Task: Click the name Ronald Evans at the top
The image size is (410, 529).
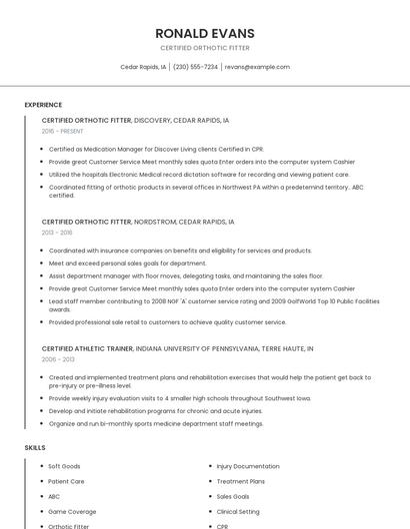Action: (x=205, y=33)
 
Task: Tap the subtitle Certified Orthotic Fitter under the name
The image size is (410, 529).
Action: (x=205, y=48)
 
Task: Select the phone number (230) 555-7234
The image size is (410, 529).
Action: (x=195, y=67)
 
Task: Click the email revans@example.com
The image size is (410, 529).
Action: (x=257, y=67)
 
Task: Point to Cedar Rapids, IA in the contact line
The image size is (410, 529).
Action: (x=142, y=67)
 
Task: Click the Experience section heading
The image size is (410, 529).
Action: (x=43, y=105)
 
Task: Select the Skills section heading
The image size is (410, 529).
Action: (x=35, y=448)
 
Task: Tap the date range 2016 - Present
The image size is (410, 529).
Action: (x=63, y=131)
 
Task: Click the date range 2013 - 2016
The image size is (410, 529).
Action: (x=57, y=233)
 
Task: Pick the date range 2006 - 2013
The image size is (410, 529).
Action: (x=58, y=360)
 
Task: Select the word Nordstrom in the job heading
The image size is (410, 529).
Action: (x=153, y=222)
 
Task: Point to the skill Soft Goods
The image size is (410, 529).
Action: (x=64, y=466)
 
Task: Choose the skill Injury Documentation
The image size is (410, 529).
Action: (x=248, y=466)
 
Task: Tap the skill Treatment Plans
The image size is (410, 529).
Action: (x=240, y=481)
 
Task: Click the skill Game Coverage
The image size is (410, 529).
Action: (x=72, y=511)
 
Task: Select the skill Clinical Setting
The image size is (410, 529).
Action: (x=238, y=511)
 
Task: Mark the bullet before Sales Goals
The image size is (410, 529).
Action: (x=210, y=496)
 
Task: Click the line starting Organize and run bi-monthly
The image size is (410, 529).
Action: (x=156, y=423)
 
